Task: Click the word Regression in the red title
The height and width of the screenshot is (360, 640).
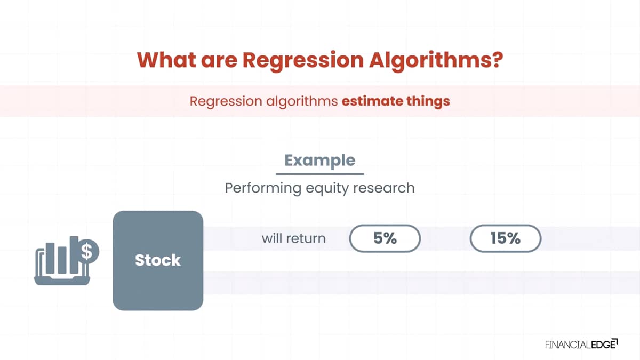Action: pos(303,61)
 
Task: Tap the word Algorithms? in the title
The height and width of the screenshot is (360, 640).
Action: pos(436,60)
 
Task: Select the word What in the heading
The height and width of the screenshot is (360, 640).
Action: pos(166,60)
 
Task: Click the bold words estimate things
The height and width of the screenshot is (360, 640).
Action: pos(396,101)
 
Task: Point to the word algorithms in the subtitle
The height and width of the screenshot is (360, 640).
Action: pos(302,102)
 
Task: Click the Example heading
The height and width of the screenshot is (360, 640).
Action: pos(319,161)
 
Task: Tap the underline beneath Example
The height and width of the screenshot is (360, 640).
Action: pos(319,173)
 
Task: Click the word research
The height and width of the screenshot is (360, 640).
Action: pos(383,188)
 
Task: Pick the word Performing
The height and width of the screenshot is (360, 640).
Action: pos(263,189)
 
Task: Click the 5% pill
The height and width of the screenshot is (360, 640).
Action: pos(385,238)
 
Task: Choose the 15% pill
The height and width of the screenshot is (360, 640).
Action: pos(506,238)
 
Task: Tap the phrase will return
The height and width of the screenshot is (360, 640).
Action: pos(294,238)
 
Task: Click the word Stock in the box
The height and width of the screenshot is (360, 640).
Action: pos(158,260)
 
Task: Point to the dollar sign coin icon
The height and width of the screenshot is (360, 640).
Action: pos(89,251)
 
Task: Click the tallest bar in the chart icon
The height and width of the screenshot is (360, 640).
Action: pos(74,254)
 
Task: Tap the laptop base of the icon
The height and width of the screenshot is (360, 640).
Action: pos(62,281)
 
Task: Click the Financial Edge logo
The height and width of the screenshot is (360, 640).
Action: pos(581,345)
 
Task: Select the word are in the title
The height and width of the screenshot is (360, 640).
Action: pos(219,61)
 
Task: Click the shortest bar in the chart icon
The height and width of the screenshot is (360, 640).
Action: pos(62,260)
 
